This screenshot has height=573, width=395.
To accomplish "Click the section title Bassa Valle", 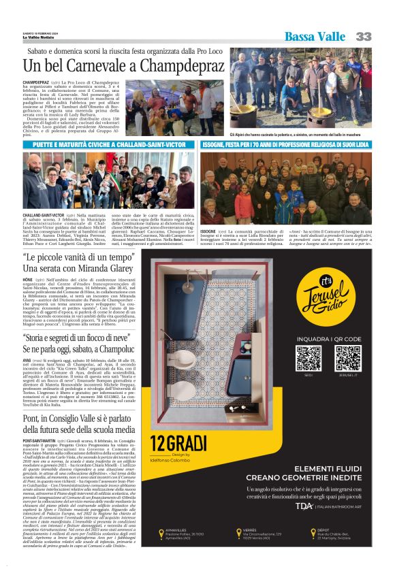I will (315, 37).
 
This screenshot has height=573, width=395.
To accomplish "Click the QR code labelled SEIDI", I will (308, 357).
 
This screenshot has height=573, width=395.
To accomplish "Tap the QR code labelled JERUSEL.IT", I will (347, 357).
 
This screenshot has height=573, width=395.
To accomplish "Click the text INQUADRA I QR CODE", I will (328, 338).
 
